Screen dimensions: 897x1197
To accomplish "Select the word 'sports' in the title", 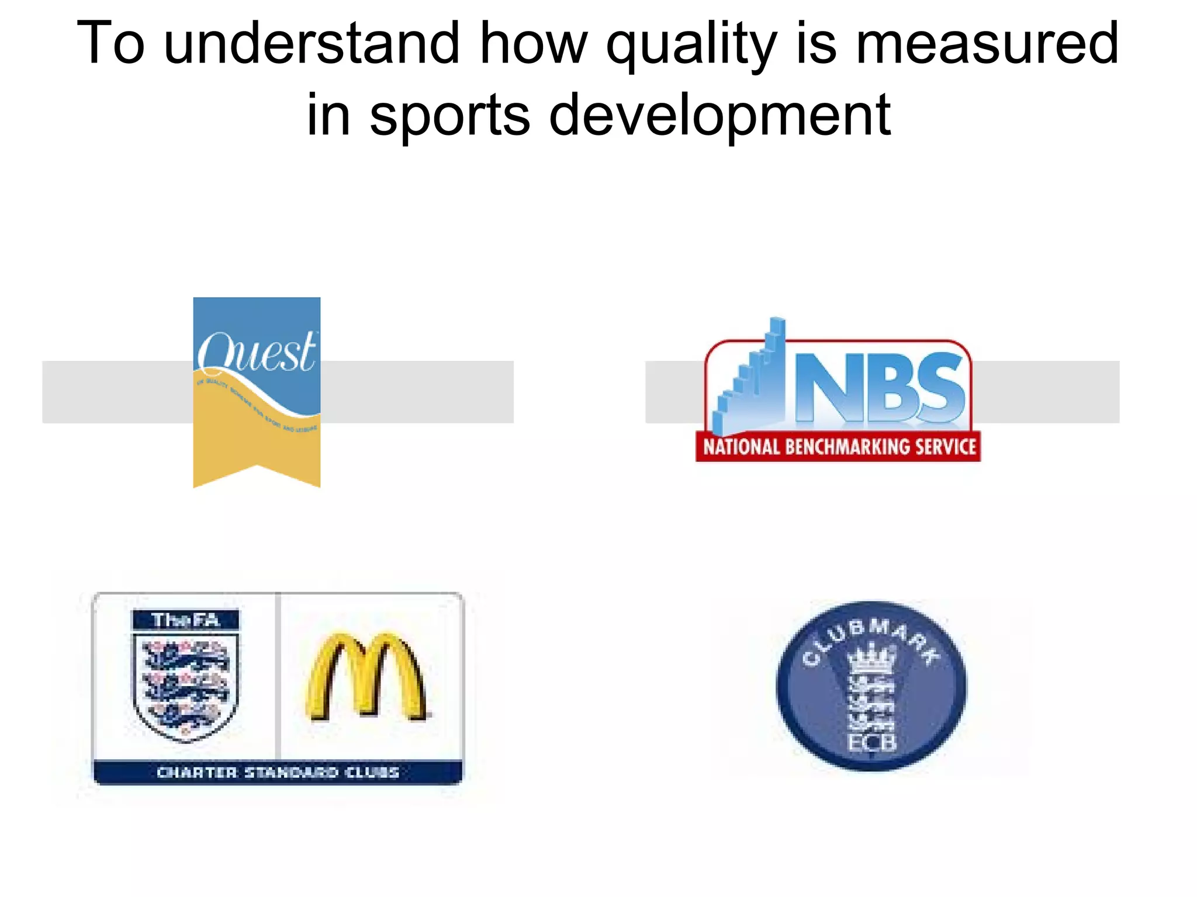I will (x=449, y=115).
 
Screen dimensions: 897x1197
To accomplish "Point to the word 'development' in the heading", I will (x=719, y=115).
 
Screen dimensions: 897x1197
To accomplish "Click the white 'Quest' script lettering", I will (x=257, y=353).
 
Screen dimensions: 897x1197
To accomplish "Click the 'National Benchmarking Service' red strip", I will (x=839, y=447).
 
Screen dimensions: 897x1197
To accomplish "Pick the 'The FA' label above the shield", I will (x=186, y=620).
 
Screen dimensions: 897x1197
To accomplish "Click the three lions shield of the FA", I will (x=186, y=686).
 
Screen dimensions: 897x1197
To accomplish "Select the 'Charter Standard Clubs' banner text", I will (x=278, y=773).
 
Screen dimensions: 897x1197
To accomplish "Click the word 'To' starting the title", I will (x=110, y=44).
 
